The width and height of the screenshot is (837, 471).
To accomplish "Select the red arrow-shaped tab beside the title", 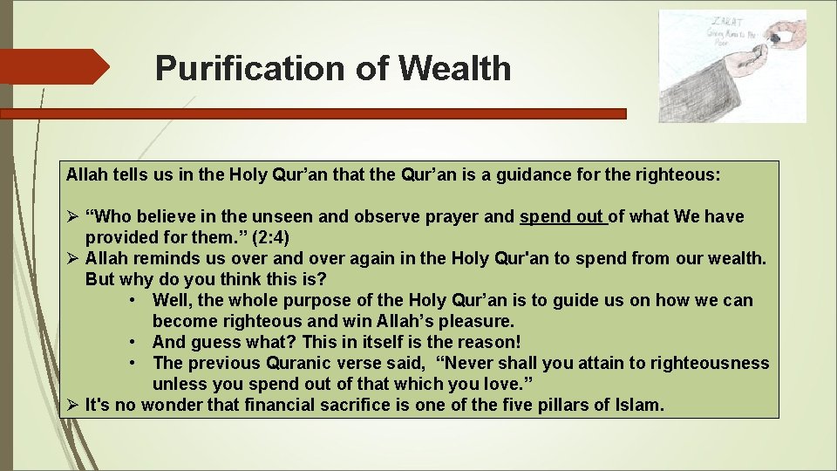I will (52, 67).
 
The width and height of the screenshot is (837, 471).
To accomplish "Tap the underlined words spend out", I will (561, 216).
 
